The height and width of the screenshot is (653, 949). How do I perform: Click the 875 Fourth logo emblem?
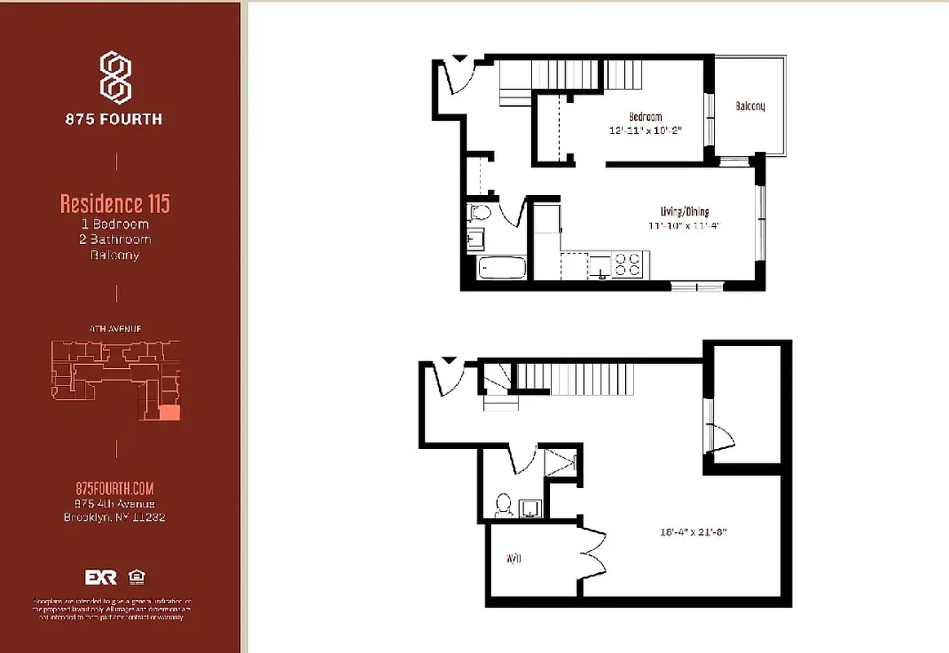coord(116,77)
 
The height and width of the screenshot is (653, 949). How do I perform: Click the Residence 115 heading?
coord(115,202)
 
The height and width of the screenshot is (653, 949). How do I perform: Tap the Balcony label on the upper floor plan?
coord(750,106)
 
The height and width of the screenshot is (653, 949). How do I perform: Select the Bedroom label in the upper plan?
coord(645,117)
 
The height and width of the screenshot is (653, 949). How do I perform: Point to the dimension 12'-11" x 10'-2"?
coord(645,130)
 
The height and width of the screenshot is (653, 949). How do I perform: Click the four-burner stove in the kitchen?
coord(629,264)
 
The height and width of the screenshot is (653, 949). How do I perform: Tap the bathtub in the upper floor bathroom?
coord(500,267)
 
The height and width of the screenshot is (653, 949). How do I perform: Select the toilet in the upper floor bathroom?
coord(480,214)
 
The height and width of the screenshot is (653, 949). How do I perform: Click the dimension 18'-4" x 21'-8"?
coord(693,531)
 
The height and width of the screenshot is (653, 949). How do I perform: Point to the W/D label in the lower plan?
coord(513,559)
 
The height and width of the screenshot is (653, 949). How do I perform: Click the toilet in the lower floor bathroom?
coord(503,504)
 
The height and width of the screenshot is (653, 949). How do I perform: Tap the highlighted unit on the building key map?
coord(169,412)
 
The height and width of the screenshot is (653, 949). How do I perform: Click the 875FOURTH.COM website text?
coord(114,488)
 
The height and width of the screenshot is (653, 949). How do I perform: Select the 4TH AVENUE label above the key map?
coord(115,329)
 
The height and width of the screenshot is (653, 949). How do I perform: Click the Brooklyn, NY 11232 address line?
coord(114,517)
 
